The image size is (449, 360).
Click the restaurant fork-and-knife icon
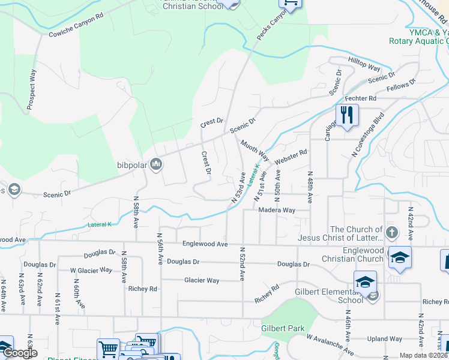pyautogui.click(x=346, y=115)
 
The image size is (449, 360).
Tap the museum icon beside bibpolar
pyautogui.click(x=156, y=164)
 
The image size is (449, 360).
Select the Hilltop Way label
pyautogui.click(x=364, y=64)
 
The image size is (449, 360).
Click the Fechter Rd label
pyautogui.click(x=360, y=98)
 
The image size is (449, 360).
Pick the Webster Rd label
pyautogui.click(x=291, y=158)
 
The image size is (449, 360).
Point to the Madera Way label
pyautogui.click(x=277, y=211)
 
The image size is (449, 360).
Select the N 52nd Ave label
pyautogui.click(x=242, y=264)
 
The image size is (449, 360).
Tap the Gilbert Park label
pyautogui.click(x=283, y=328)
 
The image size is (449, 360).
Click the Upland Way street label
pyautogui.click(x=384, y=339)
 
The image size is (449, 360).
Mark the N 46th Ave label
pyautogui.click(x=347, y=328)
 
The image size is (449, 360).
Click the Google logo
pyautogui.click(x=20, y=353)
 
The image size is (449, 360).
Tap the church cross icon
pyautogui.click(x=391, y=232)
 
